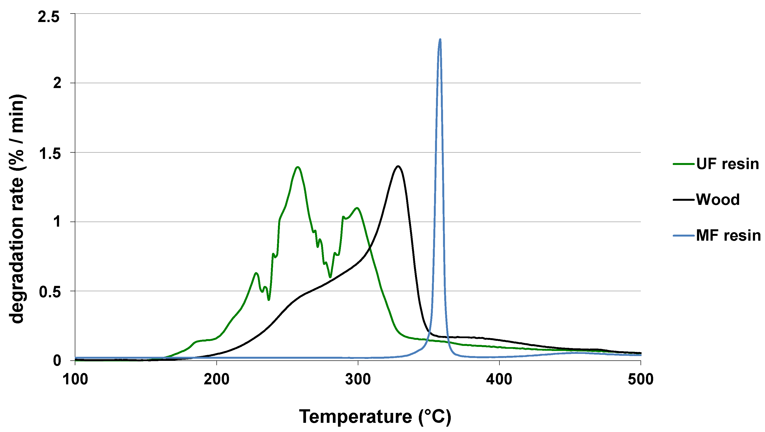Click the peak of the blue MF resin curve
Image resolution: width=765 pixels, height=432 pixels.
coord(440,39)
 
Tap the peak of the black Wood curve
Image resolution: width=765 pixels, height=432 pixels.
coord(398,166)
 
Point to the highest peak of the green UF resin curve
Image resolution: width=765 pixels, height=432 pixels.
coord(298,167)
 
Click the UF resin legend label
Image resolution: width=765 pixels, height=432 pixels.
coord(727,164)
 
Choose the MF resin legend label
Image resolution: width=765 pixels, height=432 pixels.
coord(728,235)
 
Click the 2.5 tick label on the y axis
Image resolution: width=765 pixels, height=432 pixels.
coord(49,17)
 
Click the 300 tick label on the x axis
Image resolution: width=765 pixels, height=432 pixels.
coord(358,380)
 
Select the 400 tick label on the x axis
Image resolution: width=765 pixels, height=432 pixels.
coord(499,380)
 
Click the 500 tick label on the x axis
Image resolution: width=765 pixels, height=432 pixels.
coord(641,380)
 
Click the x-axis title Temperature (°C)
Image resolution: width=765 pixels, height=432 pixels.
coord(375,416)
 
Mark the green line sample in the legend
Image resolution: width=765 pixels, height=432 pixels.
coord(684,164)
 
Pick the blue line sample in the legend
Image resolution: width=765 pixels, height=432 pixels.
coord(684,236)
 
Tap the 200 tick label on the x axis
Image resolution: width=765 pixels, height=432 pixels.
coord(216,380)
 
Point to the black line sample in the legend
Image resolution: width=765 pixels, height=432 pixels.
coord(684,200)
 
